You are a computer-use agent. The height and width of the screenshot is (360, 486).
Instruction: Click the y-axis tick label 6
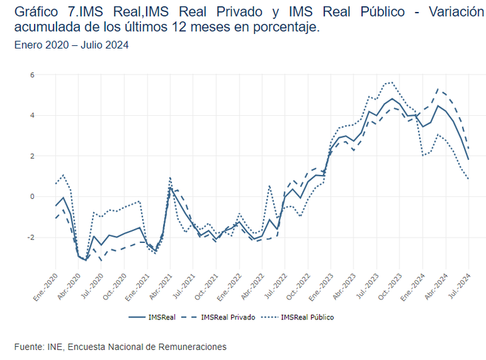click(31, 75)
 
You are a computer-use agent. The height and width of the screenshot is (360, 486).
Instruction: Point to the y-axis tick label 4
click(31, 116)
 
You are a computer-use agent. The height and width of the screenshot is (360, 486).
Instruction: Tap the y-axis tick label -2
click(29, 238)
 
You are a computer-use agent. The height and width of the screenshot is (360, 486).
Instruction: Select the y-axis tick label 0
click(31, 197)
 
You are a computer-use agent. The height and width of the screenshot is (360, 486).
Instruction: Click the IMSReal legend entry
click(153, 317)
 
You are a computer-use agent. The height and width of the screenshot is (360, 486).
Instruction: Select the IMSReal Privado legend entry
click(219, 317)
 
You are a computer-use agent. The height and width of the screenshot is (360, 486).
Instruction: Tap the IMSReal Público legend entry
click(299, 317)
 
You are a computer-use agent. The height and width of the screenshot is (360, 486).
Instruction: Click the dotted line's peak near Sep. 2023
click(391, 83)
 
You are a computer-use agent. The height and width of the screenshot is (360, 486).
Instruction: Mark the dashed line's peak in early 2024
click(437, 89)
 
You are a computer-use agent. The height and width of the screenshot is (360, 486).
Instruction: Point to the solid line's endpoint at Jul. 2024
click(468, 160)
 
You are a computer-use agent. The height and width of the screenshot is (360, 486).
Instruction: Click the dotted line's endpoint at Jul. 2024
click(468, 178)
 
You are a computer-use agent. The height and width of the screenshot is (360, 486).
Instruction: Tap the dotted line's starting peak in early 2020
click(63, 175)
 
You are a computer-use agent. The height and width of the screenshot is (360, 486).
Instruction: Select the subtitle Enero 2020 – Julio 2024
click(71, 45)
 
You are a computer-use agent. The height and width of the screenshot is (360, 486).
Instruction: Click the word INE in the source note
click(55, 347)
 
